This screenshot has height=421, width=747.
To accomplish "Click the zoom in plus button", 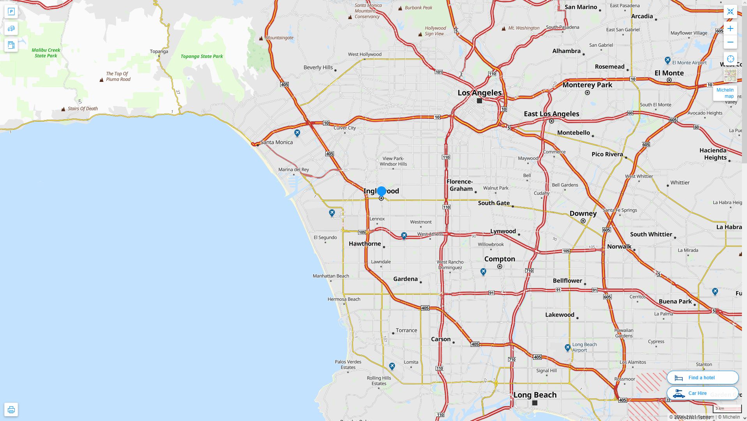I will pos(730,28).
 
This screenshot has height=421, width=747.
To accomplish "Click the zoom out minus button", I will pos(730,42).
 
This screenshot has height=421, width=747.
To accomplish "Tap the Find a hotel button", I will pos(702,377).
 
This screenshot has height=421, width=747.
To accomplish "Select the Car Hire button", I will pos(702,393).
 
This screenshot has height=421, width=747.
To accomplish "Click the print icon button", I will pos(11,409).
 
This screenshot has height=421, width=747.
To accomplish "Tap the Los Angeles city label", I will pos(479,93).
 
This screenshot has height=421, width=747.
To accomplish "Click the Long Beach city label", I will pos(535,394).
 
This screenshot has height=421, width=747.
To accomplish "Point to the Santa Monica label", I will pos(276,142).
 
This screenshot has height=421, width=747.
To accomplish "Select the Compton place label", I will pos(500,259).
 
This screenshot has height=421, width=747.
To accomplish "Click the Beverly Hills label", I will pos(318,67).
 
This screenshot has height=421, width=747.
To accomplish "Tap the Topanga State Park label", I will pos(201,57).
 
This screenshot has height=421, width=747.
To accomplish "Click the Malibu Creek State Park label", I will pos(46,53).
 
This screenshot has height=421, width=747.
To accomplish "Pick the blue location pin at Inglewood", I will pos(381,191).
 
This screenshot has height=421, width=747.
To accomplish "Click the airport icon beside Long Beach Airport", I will pos(568,347).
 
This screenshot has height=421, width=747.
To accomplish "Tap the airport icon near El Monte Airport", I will pos(668,60).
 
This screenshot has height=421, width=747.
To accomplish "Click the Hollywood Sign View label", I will pos(435,31).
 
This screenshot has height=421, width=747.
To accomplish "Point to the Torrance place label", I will pos(406,330).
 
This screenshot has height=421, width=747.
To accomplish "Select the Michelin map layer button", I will pos(725,93).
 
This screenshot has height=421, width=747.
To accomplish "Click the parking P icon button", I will pos(11,11).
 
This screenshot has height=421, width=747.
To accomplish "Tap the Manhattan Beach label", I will pos(331,276).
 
